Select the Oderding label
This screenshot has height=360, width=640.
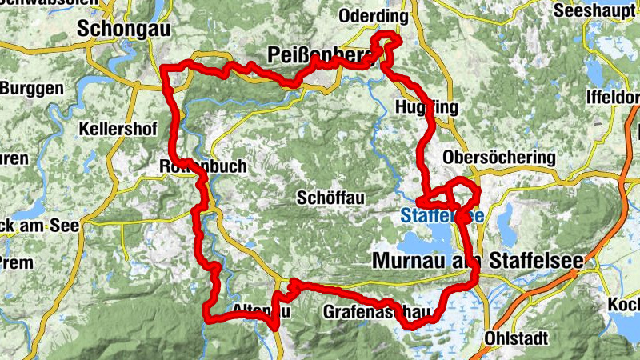(369, 15)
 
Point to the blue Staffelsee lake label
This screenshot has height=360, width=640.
(442, 216)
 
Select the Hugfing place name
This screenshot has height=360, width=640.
(426, 108)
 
